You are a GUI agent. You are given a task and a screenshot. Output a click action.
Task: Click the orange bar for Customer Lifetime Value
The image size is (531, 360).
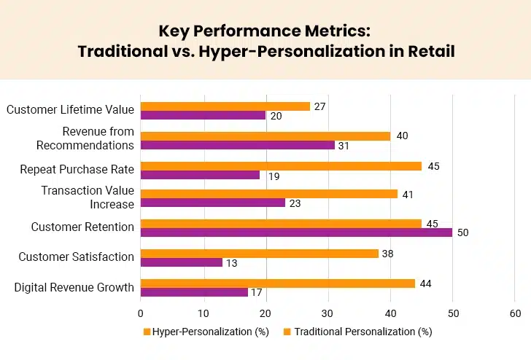tap(225, 106)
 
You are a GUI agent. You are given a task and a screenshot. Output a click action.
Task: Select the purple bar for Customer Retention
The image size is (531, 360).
tap(296, 232)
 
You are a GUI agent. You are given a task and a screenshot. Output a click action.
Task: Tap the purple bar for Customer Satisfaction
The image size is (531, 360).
tap(181, 262)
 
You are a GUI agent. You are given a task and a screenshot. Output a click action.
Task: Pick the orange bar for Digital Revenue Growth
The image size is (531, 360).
tap(277, 283)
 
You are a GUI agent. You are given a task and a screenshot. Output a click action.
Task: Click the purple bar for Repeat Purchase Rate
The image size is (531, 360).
tap(200, 175)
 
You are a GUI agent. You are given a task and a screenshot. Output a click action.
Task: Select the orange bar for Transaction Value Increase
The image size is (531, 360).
tap(268, 194)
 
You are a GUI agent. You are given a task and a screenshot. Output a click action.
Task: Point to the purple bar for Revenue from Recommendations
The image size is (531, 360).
tap(237, 145)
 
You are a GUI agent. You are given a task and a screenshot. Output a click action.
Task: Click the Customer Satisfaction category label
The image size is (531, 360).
tap(77, 257)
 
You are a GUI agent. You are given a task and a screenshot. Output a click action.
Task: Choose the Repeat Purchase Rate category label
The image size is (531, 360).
tap(77, 169)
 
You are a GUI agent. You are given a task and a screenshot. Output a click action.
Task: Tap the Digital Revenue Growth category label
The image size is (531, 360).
tap(74, 287)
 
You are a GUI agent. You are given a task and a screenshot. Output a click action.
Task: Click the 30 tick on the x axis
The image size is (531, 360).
tap(327, 313)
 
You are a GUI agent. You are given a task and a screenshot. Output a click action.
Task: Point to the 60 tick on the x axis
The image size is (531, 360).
tap(515, 313)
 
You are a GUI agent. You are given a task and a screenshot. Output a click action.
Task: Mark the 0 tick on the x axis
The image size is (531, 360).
tap(140, 313)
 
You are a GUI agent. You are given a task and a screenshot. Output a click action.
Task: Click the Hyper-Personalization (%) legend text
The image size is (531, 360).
tap(210, 332)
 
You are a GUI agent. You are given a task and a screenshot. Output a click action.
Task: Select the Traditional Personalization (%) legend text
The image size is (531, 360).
tap(363, 332)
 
